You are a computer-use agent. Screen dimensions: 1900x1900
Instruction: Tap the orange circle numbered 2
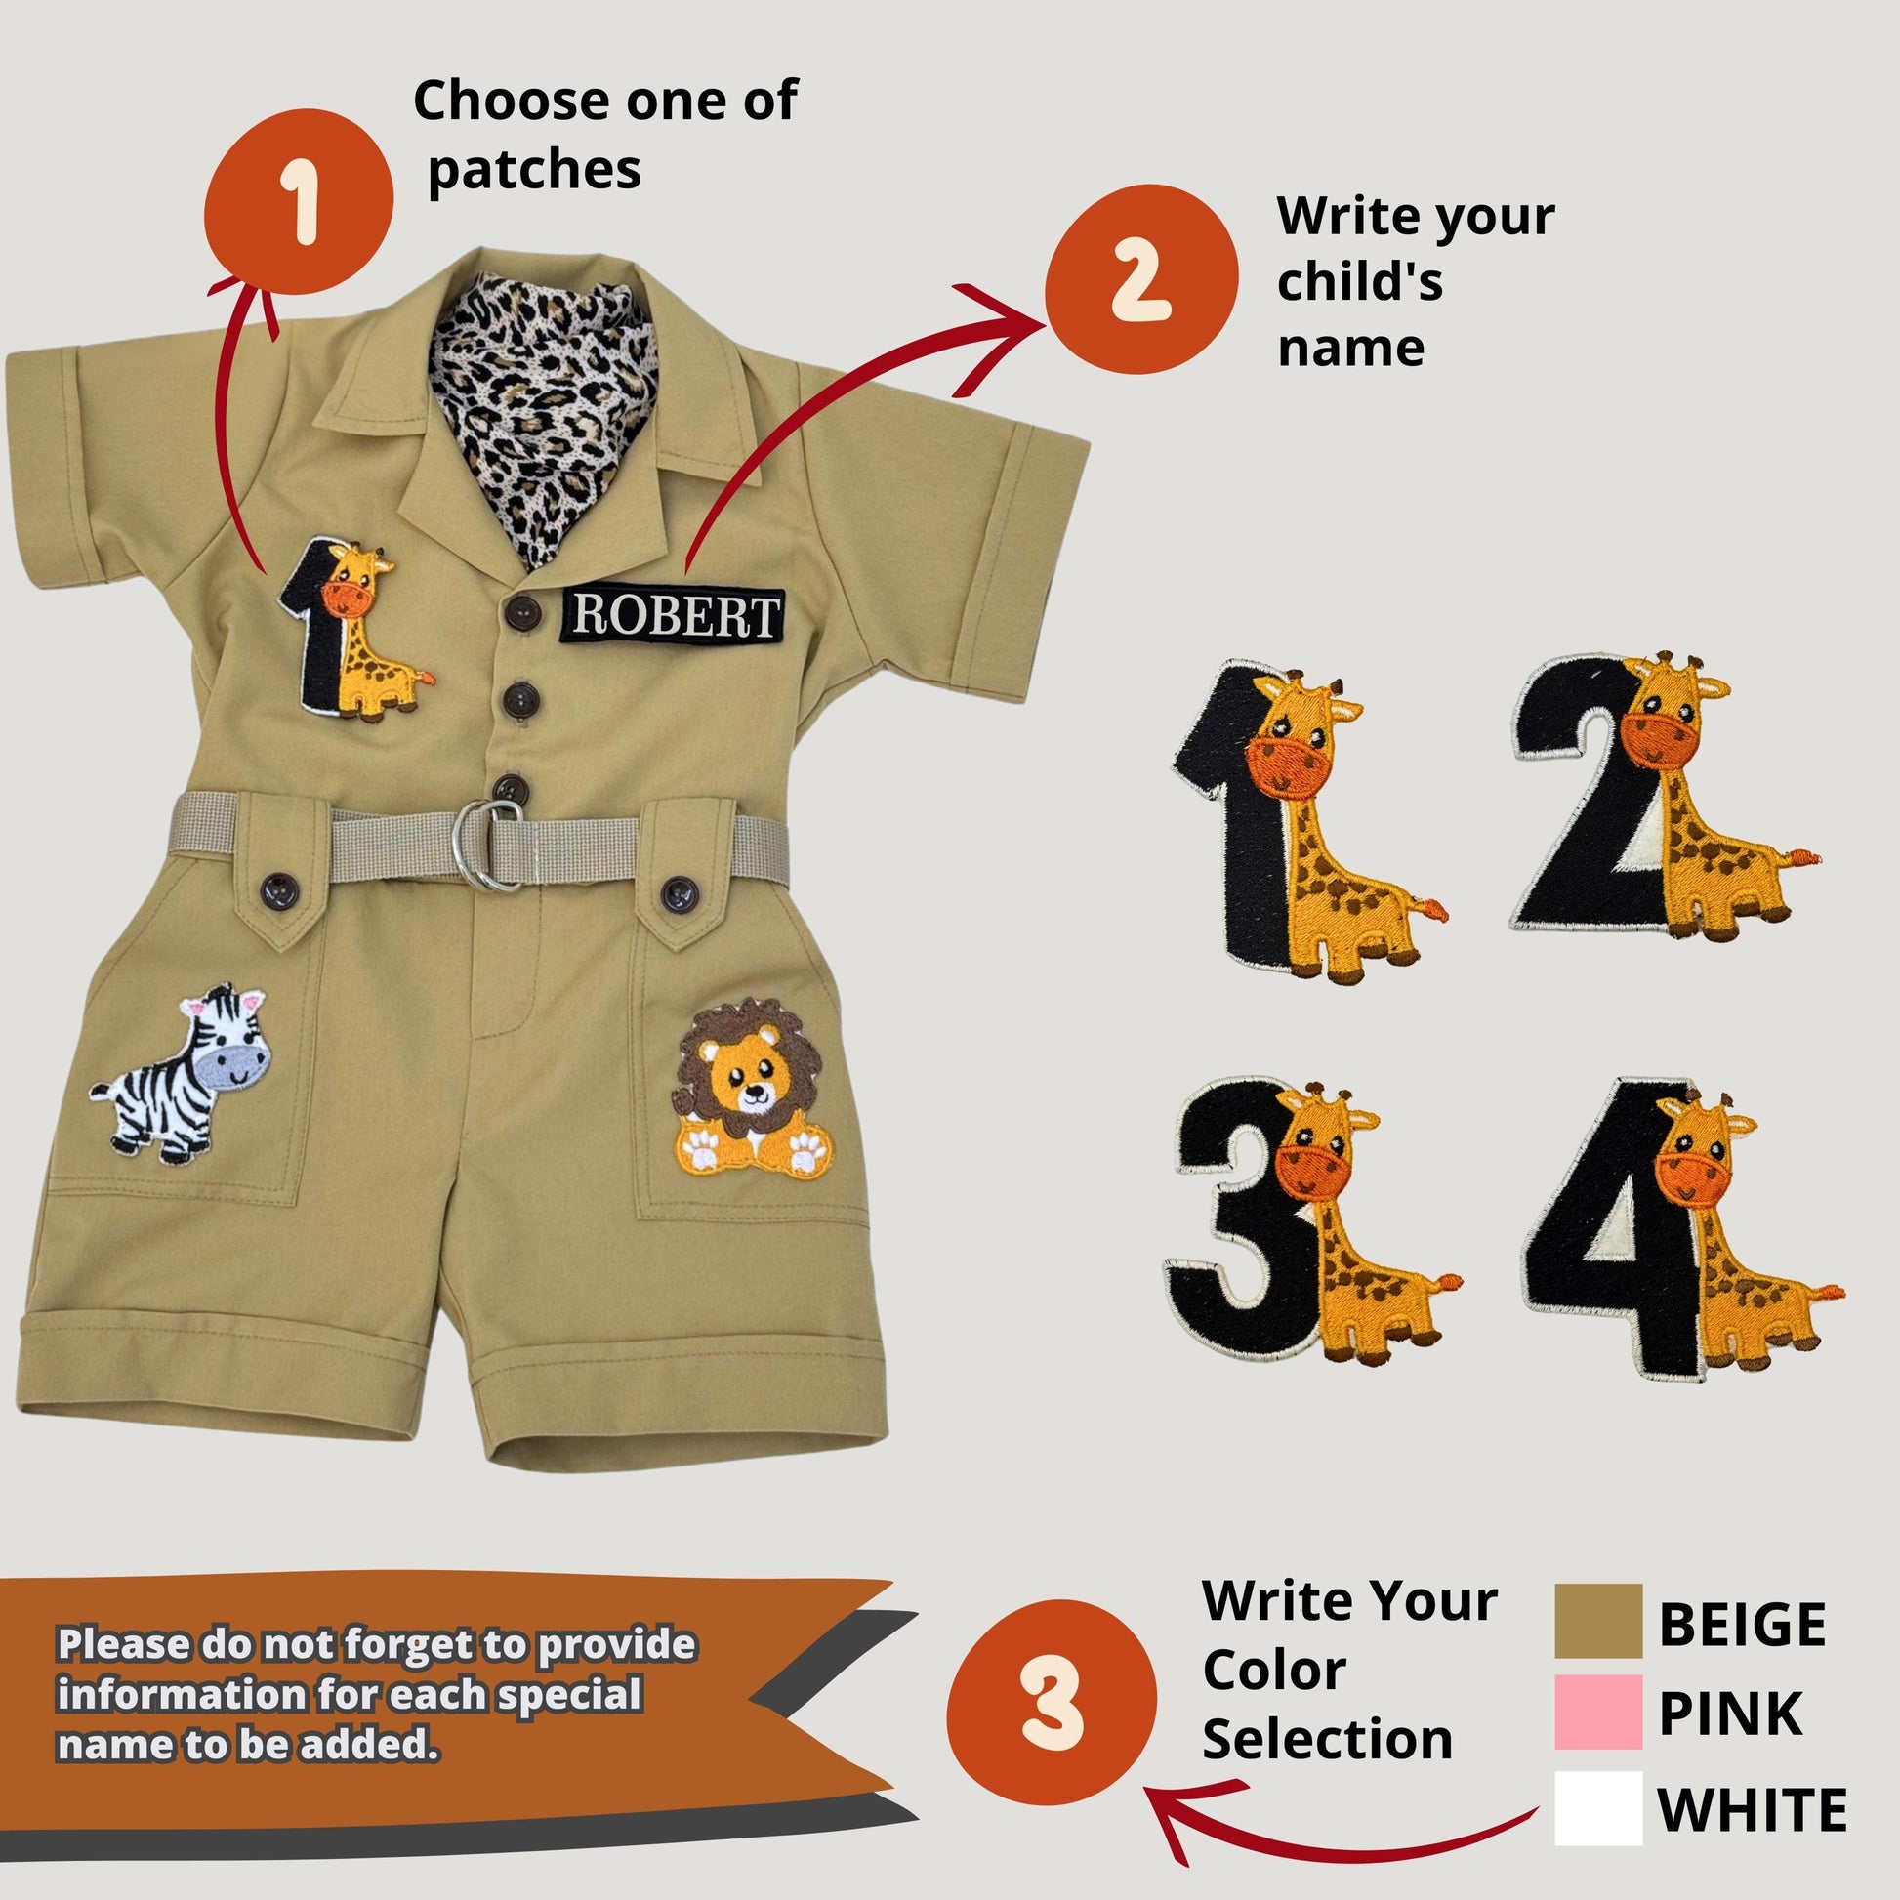[1139, 279]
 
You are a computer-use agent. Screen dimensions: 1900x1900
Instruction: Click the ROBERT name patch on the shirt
[674, 616]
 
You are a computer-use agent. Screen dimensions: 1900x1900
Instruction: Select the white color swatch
[1597, 1807]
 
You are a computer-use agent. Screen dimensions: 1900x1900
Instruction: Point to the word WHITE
[1752, 1808]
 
